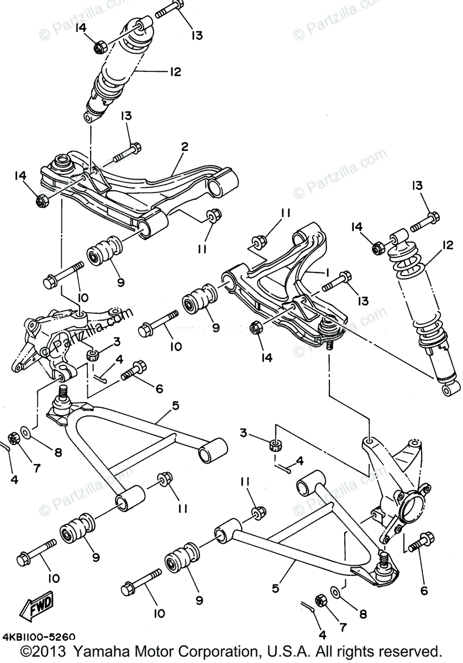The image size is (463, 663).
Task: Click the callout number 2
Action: (185, 147)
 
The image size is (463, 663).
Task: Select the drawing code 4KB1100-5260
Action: (39, 637)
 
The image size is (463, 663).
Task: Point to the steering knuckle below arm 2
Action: (55, 343)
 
